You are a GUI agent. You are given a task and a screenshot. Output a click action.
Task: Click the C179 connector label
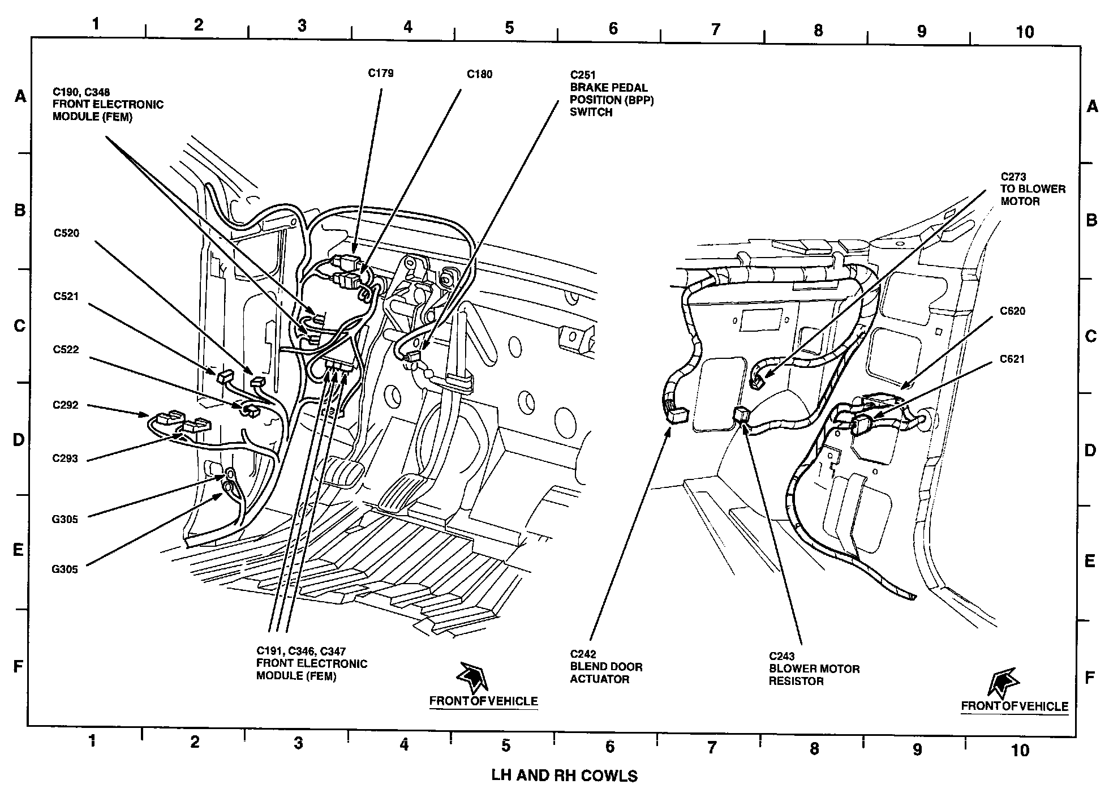click(x=381, y=73)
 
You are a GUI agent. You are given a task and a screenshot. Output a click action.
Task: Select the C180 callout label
click(x=479, y=74)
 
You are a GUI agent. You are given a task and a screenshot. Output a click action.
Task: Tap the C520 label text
click(x=66, y=233)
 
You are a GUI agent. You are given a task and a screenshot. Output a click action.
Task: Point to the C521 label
click(x=66, y=296)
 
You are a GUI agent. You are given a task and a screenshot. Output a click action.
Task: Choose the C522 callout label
click(x=66, y=350)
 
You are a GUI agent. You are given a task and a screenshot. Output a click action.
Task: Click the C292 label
click(x=66, y=405)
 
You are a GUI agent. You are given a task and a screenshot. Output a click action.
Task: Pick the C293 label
click(x=66, y=459)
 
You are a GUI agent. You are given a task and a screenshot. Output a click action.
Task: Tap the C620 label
click(x=1012, y=311)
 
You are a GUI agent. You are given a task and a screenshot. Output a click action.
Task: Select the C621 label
click(x=1012, y=359)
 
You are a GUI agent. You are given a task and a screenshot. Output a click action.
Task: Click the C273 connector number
click(x=1013, y=177)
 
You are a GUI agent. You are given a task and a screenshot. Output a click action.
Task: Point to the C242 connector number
click(x=583, y=654)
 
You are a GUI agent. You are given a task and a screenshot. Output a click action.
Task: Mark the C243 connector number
click(x=782, y=656)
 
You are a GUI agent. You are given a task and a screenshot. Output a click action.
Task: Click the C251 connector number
click(x=583, y=75)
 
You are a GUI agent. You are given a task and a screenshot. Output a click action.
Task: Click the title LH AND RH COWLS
click(x=565, y=775)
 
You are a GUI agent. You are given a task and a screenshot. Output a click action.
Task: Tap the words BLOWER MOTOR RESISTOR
click(x=814, y=675)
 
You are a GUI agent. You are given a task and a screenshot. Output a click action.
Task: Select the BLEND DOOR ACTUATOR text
click(x=606, y=672)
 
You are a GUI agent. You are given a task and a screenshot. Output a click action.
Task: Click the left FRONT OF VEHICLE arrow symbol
click(x=471, y=676)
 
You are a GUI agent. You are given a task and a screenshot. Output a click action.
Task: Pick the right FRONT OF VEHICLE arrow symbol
click(x=1002, y=682)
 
